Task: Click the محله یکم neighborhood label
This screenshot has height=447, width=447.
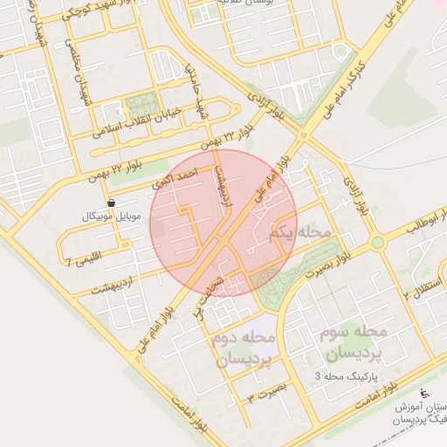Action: [x=303, y=233]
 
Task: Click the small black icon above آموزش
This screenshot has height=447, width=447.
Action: [x=425, y=394]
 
